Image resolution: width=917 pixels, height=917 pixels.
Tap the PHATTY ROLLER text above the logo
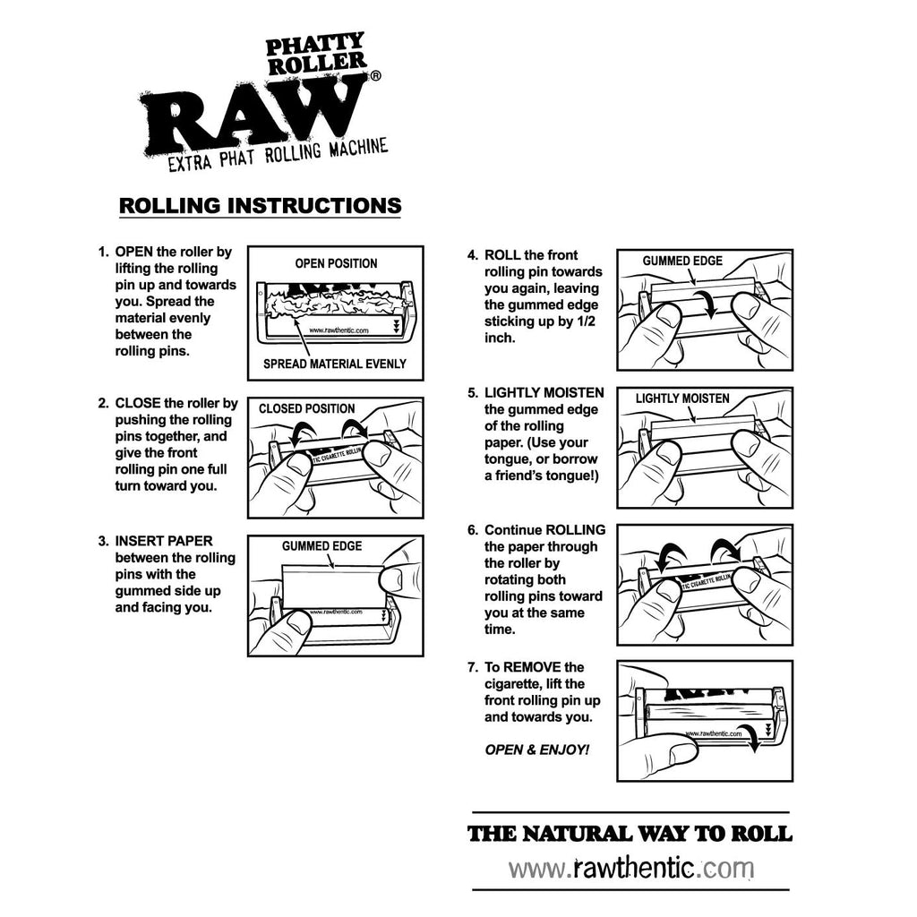[316, 54]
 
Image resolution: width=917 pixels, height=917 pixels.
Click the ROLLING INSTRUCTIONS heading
[261, 205]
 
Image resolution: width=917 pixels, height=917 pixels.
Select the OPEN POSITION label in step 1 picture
[336, 264]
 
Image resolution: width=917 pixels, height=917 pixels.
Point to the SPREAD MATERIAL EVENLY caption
[335, 364]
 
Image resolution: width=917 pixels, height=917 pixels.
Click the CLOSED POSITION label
[306, 408]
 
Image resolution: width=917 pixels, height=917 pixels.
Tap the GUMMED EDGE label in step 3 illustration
[321, 546]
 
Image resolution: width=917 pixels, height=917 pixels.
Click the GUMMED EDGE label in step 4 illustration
[682, 261]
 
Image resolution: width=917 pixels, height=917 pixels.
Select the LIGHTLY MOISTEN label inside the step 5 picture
[682, 399]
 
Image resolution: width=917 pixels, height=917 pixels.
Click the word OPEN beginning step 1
[134, 252]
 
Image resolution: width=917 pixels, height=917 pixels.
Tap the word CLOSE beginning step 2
[137, 404]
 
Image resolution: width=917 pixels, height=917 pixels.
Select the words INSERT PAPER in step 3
[164, 541]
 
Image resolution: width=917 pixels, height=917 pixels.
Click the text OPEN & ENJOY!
[537, 750]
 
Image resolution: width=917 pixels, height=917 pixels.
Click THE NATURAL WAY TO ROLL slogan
[630, 834]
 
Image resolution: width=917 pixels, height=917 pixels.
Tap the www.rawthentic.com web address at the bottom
[630, 869]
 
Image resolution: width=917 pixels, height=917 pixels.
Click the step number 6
[473, 530]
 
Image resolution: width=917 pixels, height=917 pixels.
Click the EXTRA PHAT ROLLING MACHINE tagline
[278, 155]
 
